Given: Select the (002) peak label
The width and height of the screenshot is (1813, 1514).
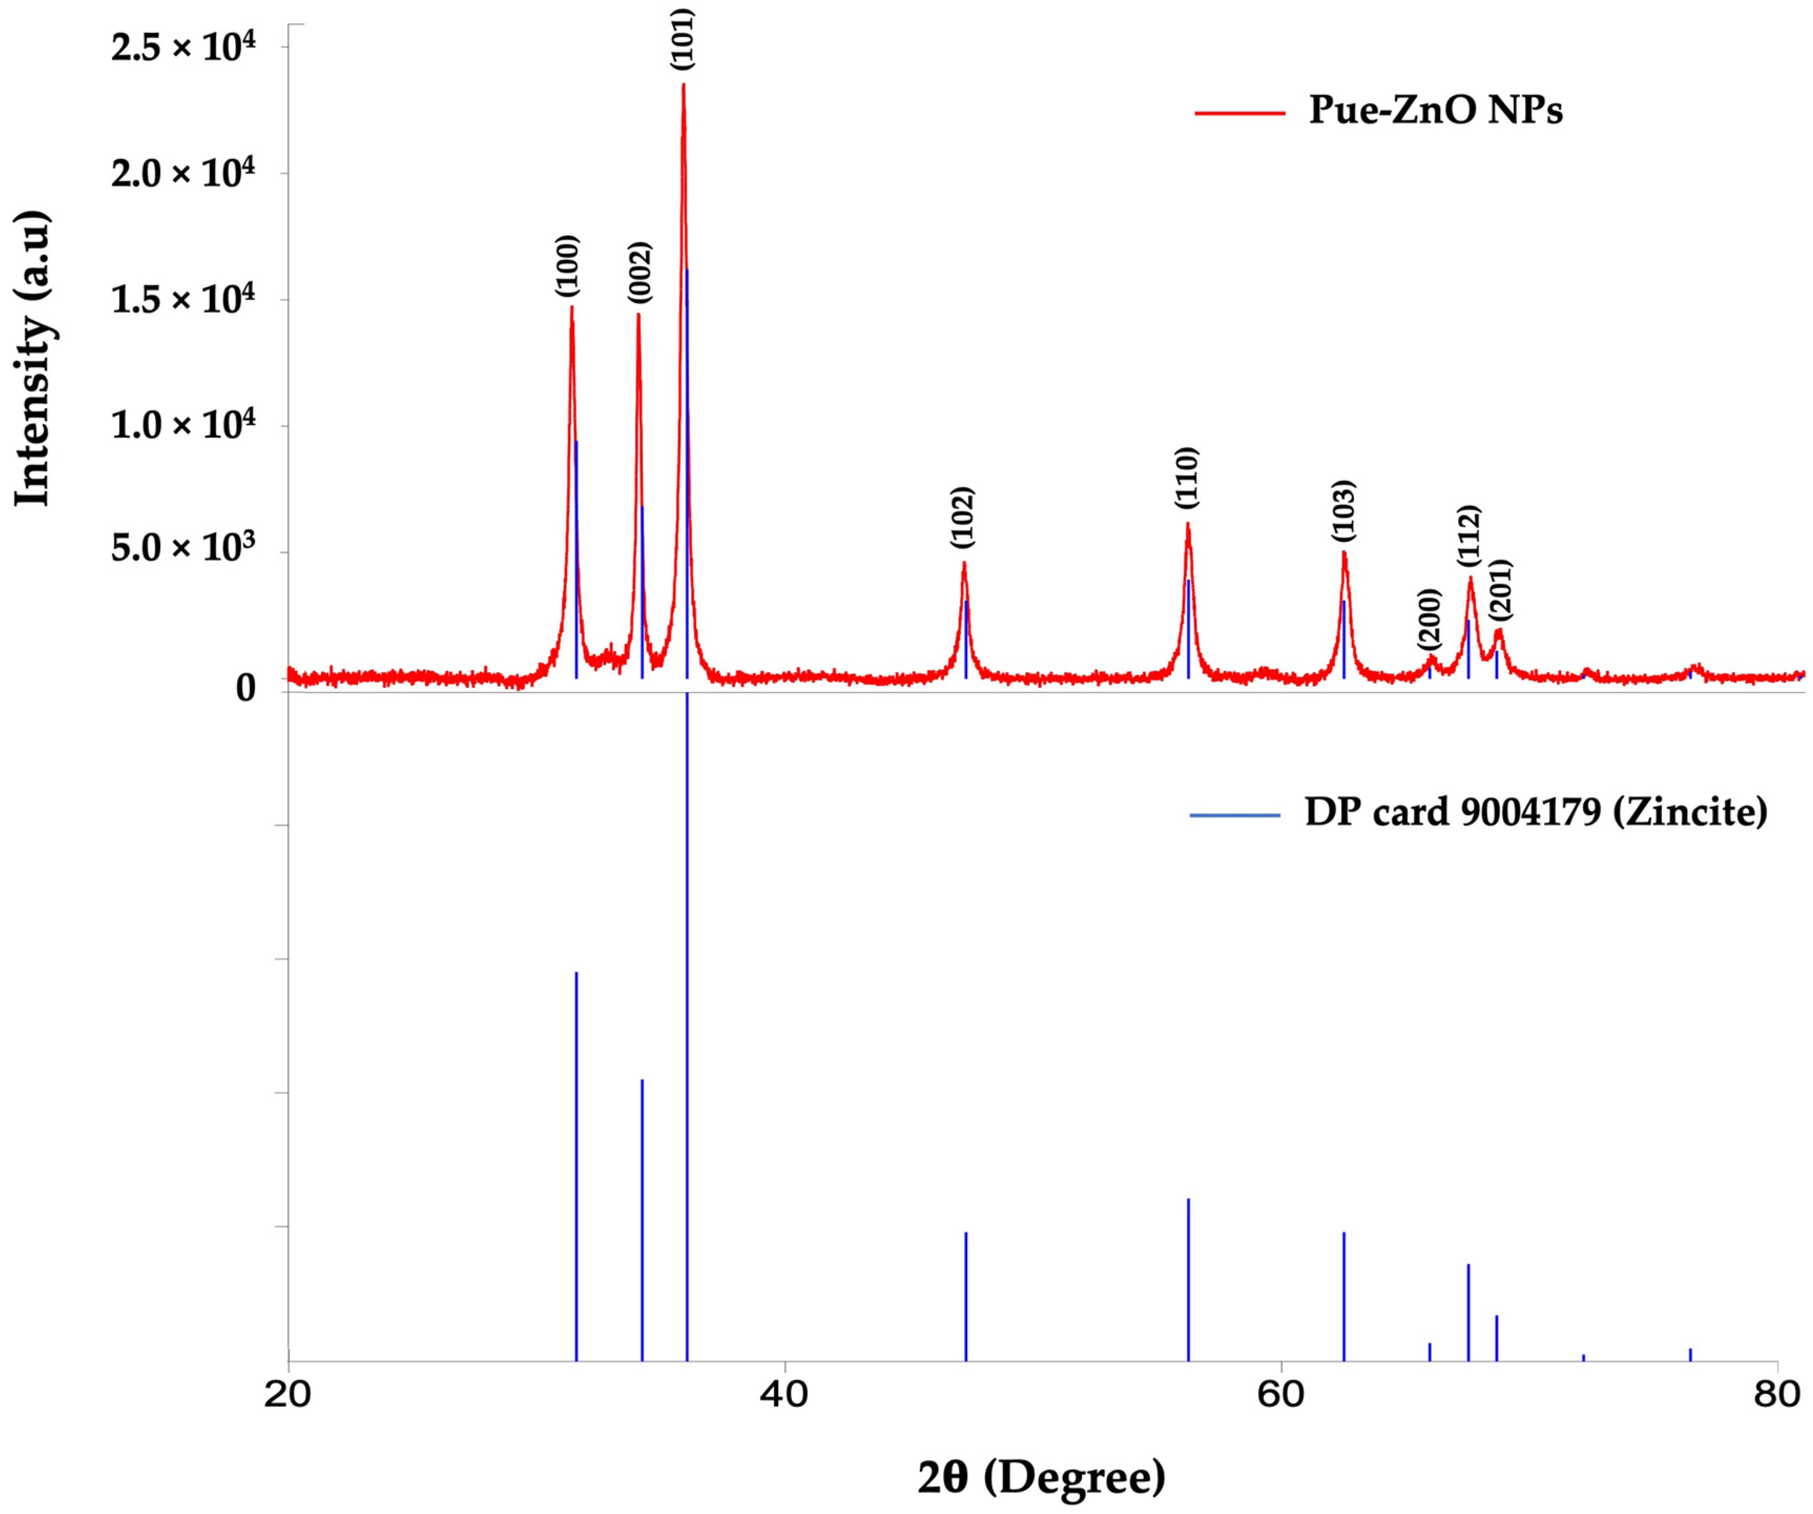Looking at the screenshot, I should coord(640,273).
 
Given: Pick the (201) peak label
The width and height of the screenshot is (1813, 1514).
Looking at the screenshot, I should coord(1501,590).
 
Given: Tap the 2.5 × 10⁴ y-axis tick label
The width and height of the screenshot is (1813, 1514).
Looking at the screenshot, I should coord(183,46).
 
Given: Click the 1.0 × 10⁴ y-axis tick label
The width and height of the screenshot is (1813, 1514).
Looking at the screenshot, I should coord(183,425).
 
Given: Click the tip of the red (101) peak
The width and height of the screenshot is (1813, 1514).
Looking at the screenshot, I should coord(683,85).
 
